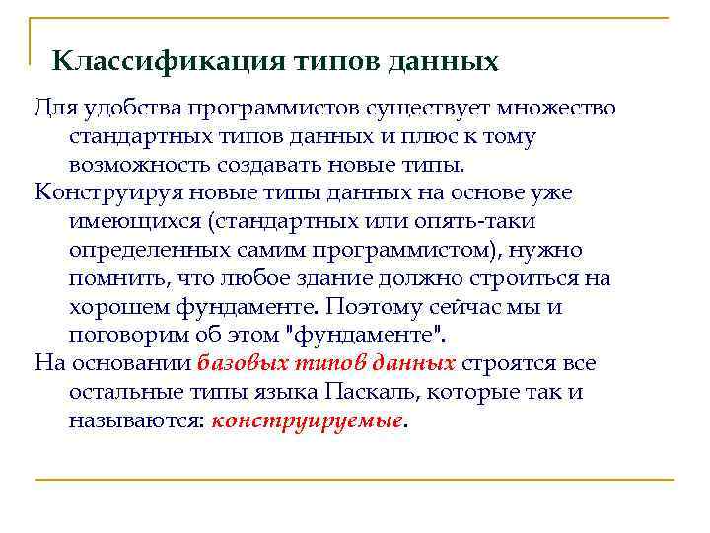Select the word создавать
[x=268, y=163]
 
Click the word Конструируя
[x=102, y=191]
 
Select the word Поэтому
[x=373, y=306]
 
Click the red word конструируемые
[x=307, y=420]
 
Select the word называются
[x=136, y=420]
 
